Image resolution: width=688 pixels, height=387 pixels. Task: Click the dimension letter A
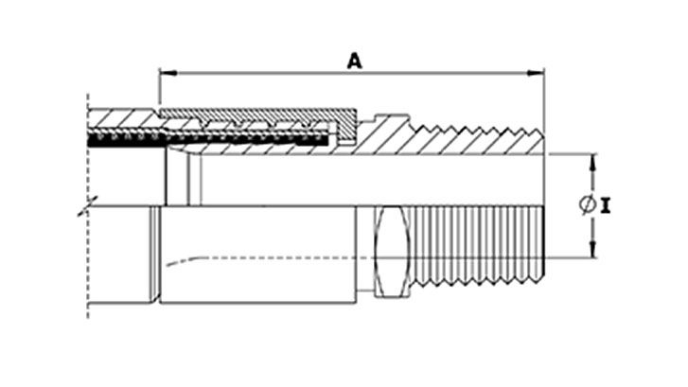pyautogui.click(x=355, y=61)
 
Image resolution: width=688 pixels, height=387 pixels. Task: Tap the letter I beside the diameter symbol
pyautogui.click(x=606, y=205)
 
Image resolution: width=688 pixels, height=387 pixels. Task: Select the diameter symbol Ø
pyautogui.click(x=587, y=204)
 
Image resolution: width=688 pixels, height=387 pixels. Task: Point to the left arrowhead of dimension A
pyautogui.click(x=168, y=73)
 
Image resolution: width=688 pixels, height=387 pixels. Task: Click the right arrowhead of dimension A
pyautogui.click(x=536, y=73)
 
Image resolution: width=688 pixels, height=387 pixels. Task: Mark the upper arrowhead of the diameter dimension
pyautogui.click(x=592, y=163)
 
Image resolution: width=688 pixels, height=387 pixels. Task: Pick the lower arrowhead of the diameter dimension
pyautogui.click(x=592, y=249)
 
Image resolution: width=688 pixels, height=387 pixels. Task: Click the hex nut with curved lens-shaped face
pyautogui.click(x=392, y=253)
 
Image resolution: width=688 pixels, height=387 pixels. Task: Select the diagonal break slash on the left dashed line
pyautogui.click(x=88, y=205)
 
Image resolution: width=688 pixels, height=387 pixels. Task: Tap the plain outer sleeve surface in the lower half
pyautogui.click(x=258, y=255)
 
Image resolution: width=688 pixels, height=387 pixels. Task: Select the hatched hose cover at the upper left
pyautogui.click(x=123, y=118)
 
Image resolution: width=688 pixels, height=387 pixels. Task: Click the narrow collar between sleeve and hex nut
pyautogui.click(x=365, y=248)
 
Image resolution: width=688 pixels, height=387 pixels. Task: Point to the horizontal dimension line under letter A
pyautogui.click(x=351, y=73)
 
